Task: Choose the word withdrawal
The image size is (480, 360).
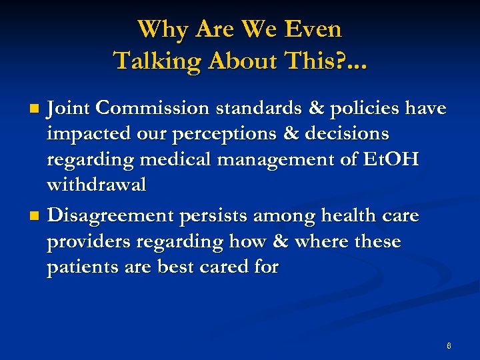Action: (x=96, y=185)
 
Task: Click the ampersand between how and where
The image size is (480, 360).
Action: (x=275, y=241)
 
